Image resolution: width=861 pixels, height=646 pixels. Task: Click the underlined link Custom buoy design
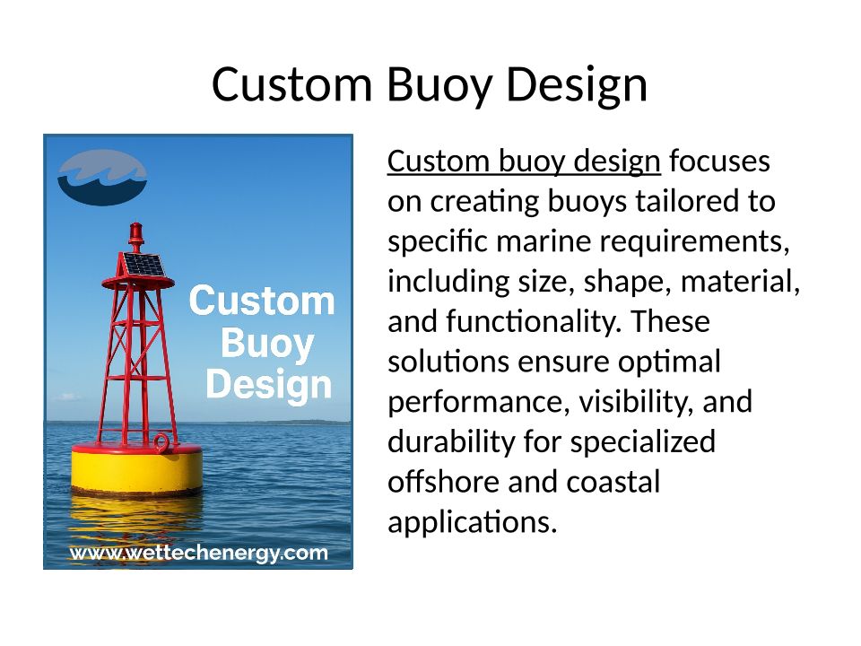(x=524, y=162)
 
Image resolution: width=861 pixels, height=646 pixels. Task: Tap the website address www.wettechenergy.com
(x=198, y=553)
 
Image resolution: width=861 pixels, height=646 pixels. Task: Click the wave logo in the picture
(x=102, y=177)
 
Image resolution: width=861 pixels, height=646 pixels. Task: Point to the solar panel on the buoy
(x=143, y=264)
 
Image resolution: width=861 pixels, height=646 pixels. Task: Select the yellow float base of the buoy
(x=136, y=468)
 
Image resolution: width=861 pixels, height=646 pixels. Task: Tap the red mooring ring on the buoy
(x=162, y=441)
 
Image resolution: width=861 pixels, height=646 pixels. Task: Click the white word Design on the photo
(x=269, y=385)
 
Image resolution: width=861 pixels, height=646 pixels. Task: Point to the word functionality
(x=533, y=322)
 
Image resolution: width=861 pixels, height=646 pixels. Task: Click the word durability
(x=451, y=442)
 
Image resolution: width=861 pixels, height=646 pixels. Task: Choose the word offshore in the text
(x=443, y=482)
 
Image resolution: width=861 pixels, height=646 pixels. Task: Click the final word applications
(x=473, y=523)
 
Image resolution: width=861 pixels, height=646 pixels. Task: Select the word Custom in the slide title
(x=292, y=84)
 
